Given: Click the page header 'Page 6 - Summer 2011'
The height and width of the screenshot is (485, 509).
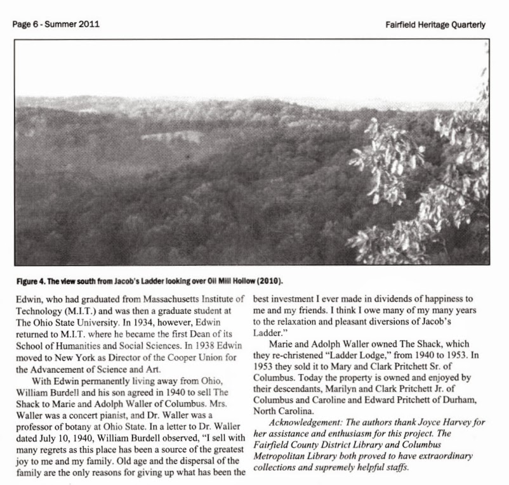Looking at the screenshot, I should point(55,25).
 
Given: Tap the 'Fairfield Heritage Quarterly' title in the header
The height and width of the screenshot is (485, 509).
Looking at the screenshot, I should point(435,25).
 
